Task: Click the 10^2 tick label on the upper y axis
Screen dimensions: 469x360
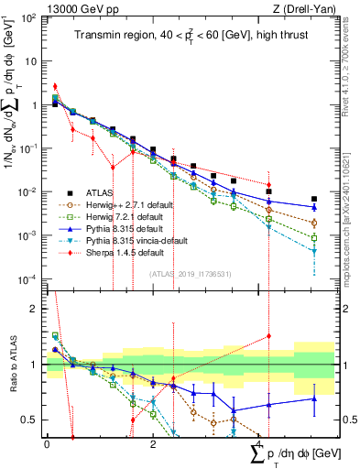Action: click(x=28, y=18)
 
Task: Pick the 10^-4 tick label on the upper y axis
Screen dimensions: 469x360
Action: click(x=28, y=278)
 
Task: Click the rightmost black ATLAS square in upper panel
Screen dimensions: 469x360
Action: click(x=314, y=199)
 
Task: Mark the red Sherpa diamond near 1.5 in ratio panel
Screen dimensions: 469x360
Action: click(x=268, y=336)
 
